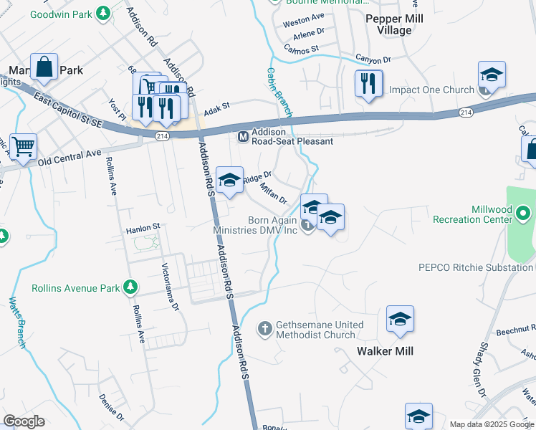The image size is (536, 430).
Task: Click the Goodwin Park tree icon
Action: (104, 12)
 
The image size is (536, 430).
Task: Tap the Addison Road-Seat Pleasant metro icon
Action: (243, 136)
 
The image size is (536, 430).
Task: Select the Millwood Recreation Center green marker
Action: (524, 214)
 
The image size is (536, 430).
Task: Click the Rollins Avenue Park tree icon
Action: (130, 288)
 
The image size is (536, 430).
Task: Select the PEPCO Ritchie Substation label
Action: (475, 267)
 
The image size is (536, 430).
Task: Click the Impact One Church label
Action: (431, 90)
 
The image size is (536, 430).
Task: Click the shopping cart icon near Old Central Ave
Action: (23, 147)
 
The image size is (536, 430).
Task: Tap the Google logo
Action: (24, 421)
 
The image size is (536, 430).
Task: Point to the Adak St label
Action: (216, 109)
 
